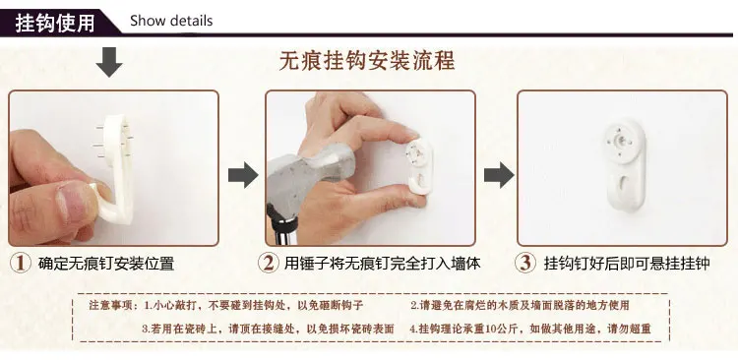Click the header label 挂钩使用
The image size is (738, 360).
click(x=54, y=23)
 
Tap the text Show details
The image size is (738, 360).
click(x=171, y=22)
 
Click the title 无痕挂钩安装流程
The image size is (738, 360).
click(x=367, y=61)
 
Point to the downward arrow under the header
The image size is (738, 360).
click(x=109, y=62)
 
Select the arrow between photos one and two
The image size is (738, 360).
click(x=243, y=175)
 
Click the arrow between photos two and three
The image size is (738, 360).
click(x=499, y=175)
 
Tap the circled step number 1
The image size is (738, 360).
click(x=21, y=263)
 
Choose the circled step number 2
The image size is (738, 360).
click(x=269, y=263)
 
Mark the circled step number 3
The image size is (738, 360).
click(x=524, y=263)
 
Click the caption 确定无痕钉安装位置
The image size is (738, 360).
click(x=106, y=263)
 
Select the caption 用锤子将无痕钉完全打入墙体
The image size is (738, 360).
click(x=382, y=263)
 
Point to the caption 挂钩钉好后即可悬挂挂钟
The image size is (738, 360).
click(x=627, y=263)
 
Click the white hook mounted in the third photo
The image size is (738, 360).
click(x=625, y=163)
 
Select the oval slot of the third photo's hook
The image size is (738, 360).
click(x=625, y=186)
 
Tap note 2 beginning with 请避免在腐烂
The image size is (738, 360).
click(x=520, y=305)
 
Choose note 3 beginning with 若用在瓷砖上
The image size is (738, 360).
click(x=268, y=329)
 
